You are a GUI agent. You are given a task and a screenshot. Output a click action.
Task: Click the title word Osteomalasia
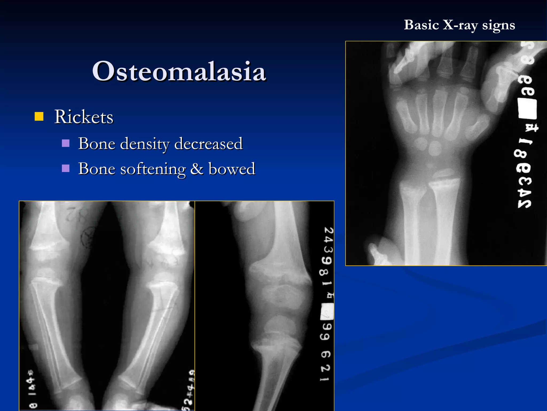[x=179, y=71]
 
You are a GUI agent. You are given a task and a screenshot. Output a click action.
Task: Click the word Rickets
[x=84, y=117]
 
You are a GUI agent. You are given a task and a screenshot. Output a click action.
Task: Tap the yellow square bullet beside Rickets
[x=39, y=116]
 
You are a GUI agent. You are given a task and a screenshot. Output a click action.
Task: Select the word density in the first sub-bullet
[x=144, y=144]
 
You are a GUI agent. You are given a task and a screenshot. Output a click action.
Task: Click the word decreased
[x=208, y=144]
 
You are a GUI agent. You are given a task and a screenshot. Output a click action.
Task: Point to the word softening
[x=153, y=169]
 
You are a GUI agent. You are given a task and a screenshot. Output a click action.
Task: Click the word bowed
[x=232, y=169]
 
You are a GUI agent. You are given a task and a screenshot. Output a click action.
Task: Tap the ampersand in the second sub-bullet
[x=197, y=169]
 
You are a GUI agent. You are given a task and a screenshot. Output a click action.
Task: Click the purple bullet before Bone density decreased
[x=66, y=143]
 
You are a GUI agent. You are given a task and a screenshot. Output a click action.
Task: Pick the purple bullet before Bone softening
[x=66, y=169]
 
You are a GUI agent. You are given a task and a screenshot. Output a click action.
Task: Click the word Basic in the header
[x=421, y=25]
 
